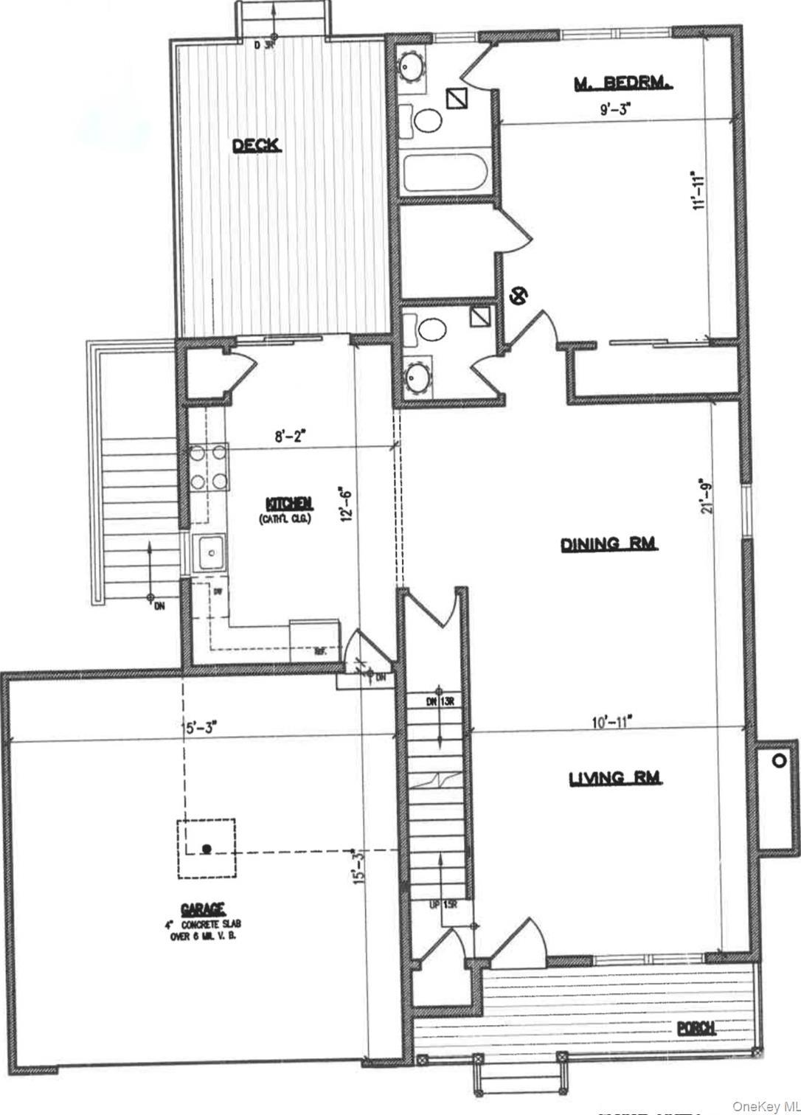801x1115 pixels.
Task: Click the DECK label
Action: tap(257, 146)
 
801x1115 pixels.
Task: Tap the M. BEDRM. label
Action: tap(623, 84)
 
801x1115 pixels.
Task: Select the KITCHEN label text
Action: tap(289, 504)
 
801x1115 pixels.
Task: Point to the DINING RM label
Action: tap(609, 544)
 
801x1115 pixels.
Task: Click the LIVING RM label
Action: tap(616, 778)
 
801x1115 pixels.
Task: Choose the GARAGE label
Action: tap(203, 909)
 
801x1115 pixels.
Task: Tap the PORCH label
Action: tap(697, 1028)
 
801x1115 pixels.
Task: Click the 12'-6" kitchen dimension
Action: tap(344, 504)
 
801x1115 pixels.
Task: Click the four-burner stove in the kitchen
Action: tap(207, 468)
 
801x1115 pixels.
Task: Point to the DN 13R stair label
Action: tap(443, 701)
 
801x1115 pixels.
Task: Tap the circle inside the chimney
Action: tap(777, 760)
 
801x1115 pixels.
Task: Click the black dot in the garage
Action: tap(207, 849)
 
